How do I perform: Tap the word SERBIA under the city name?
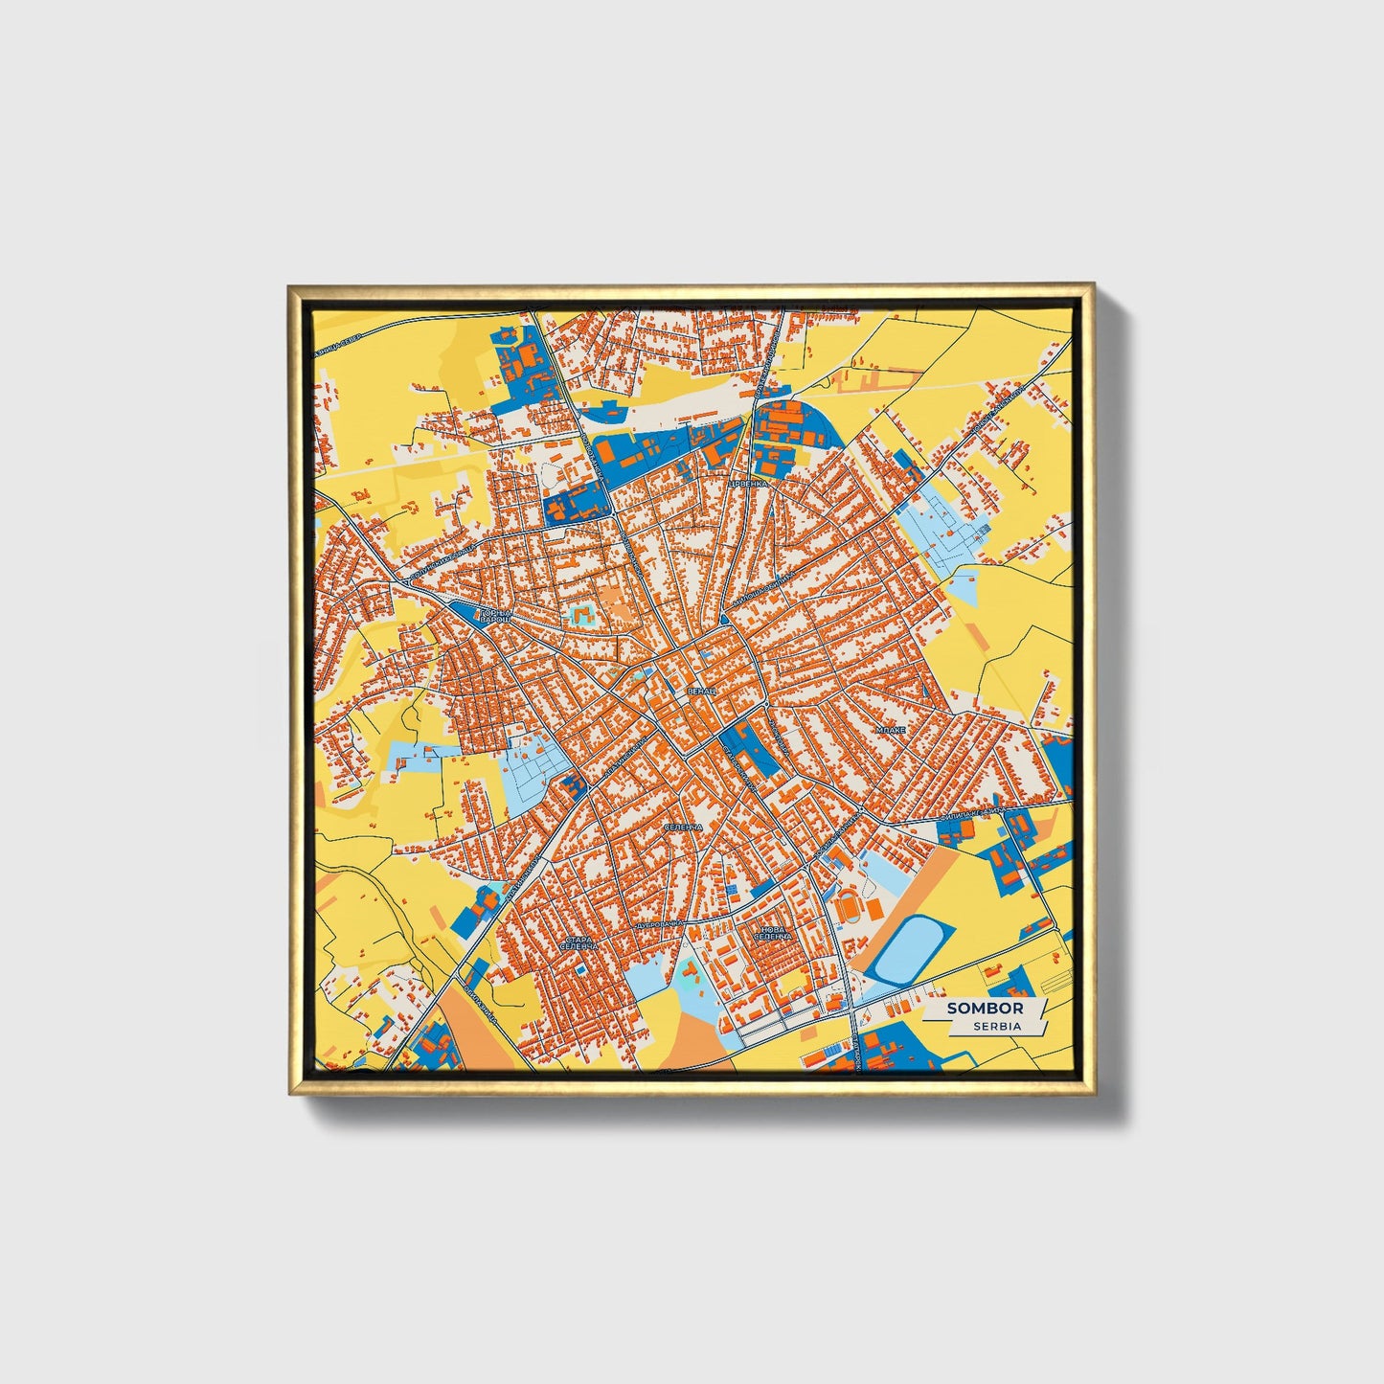click(x=996, y=1026)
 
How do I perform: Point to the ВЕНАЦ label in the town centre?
click(x=699, y=690)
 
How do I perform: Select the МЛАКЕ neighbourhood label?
click(x=890, y=730)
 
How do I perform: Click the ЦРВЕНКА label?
click(x=748, y=485)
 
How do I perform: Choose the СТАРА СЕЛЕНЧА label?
click(x=580, y=944)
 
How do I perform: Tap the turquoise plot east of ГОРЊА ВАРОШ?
click(x=580, y=615)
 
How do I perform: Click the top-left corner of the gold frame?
click(x=289, y=285)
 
